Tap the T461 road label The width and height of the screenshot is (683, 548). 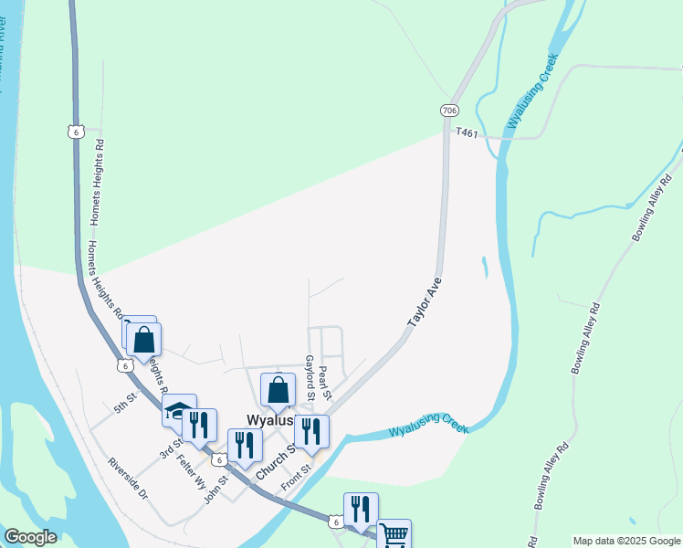tap(468, 133)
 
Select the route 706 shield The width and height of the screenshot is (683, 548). tap(448, 111)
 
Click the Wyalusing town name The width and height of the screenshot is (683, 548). tap(270, 420)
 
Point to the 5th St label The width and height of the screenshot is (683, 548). tap(125, 403)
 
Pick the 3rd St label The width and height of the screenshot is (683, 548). tap(171, 450)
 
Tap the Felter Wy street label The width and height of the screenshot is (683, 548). tap(192, 472)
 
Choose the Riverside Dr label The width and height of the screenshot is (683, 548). tap(127, 479)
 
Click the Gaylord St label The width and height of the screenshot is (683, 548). tap(310, 376)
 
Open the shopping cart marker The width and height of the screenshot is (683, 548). tap(394, 534)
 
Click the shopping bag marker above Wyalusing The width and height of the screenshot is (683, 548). tap(278, 390)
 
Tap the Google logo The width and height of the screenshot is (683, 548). tap(30, 537)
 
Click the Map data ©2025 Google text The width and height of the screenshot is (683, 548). tap(625, 541)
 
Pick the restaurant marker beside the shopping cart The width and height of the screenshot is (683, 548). tap(361, 509)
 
